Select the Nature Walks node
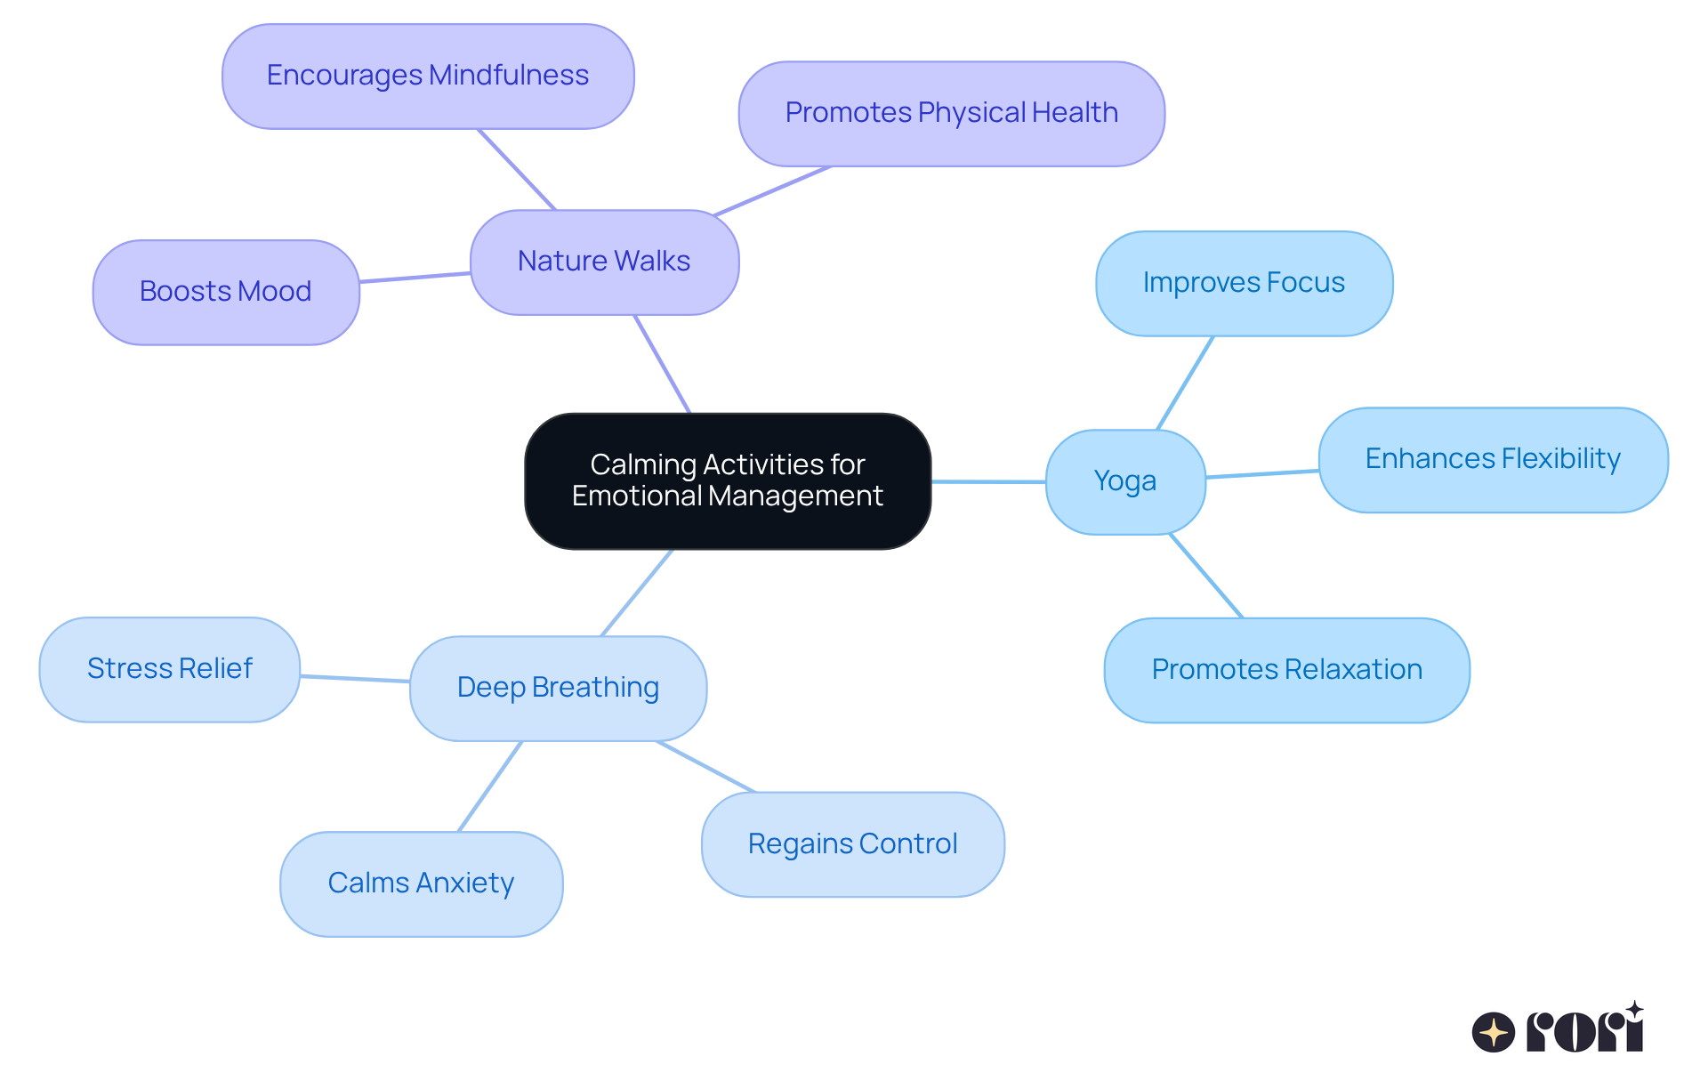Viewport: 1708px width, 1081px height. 604,262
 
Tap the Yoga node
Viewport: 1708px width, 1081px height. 1125,481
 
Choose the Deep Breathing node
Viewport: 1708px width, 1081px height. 558,688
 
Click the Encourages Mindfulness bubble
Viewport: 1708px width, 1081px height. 428,76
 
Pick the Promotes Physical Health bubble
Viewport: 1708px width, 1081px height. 951,113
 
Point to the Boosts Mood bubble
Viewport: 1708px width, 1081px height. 226,292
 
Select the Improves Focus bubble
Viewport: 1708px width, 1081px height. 1244,283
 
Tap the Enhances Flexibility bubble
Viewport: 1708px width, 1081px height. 1493,459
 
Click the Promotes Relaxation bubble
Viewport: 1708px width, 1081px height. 1286,670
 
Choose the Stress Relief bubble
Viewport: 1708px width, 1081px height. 170,669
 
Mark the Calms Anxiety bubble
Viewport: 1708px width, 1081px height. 421,883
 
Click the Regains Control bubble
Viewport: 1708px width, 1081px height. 852,844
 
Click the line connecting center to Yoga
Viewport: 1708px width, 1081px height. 988,481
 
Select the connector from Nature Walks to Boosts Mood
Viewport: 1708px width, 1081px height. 415,278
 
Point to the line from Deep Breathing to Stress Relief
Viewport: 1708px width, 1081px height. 355,679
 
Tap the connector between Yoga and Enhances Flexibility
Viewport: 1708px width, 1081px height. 1262,474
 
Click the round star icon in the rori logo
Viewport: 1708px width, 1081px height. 1493,1032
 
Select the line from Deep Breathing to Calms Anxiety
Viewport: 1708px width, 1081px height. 489,787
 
